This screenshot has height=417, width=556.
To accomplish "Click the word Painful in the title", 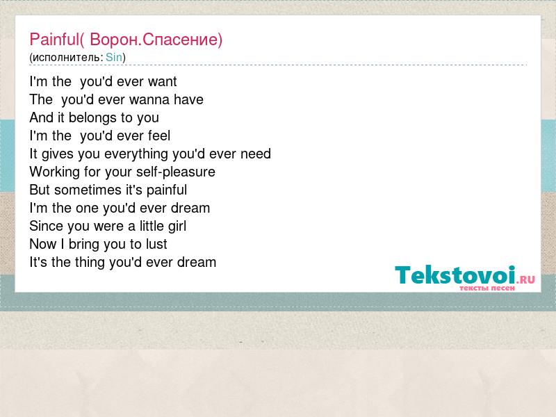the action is (x=54, y=39).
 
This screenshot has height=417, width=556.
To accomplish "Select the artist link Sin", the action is (x=114, y=57).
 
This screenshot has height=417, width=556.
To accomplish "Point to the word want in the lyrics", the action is (x=163, y=82).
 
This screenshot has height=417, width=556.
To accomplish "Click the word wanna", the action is (x=153, y=100).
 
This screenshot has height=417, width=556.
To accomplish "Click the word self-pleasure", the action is (x=176, y=172).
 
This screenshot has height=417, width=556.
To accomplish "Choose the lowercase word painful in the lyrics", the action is (x=167, y=190).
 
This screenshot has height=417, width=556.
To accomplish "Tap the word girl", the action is (x=177, y=227).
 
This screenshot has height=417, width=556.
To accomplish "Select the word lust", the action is (x=156, y=245).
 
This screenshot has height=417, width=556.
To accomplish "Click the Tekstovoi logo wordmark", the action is (x=455, y=275).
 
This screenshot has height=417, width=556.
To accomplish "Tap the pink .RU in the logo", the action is (x=525, y=279).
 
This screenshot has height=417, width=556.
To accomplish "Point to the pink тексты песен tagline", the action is (x=487, y=288).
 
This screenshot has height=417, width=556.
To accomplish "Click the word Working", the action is (x=55, y=172).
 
